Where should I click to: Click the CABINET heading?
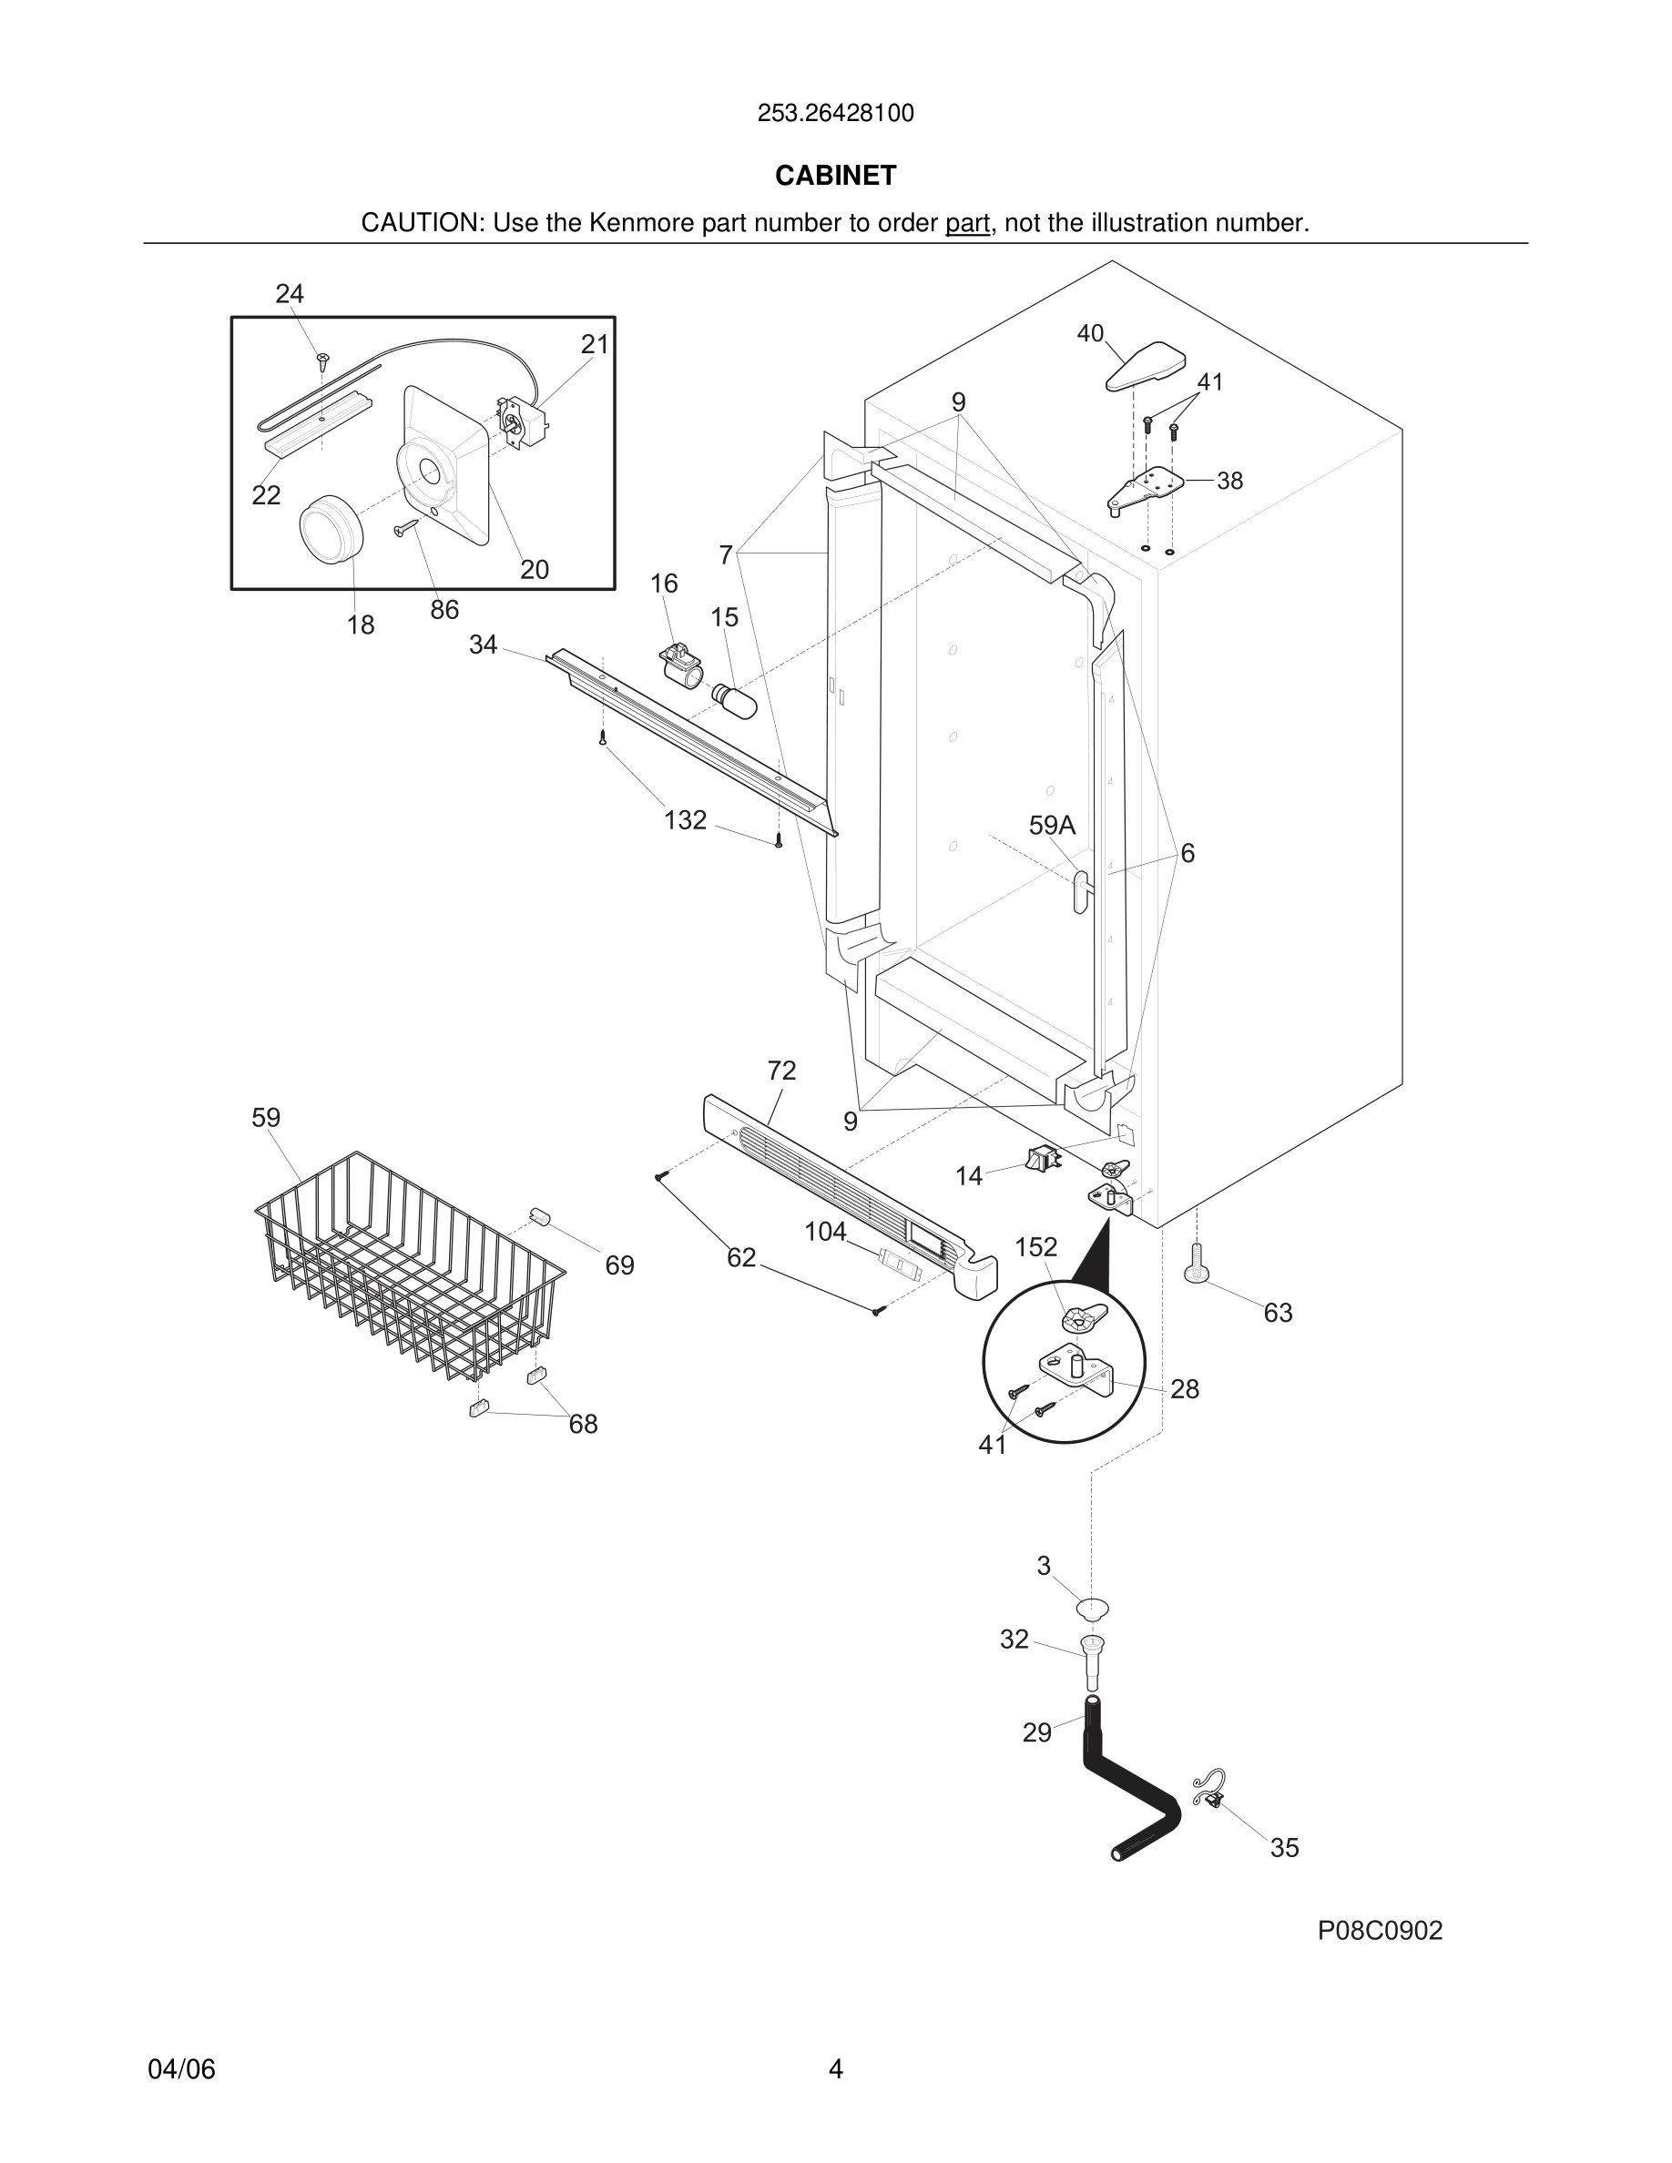pyautogui.click(x=835, y=176)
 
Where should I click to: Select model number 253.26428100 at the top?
pyautogui.click(x=835, y=114)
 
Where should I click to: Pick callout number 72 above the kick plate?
pyautogui.click(x=780, y=1071)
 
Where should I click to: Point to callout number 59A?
pyautogui.click(x=1051, y=826)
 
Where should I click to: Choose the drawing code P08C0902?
pyautogui.click(x=1379, y=1930)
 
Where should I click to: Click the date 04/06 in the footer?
pyautogui.click(x=181, y=2069)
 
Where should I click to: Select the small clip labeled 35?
pyautogui.click(x=1210, y=1791)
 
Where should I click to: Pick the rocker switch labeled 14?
pyautogui.click(x=1042, y=1158)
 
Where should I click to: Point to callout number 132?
pyautogui.click(x=685, y=820)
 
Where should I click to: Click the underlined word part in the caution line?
pyautogui.click(x=967, y=224)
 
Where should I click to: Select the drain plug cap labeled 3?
pyautogui.click(x=1094, y=1609)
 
